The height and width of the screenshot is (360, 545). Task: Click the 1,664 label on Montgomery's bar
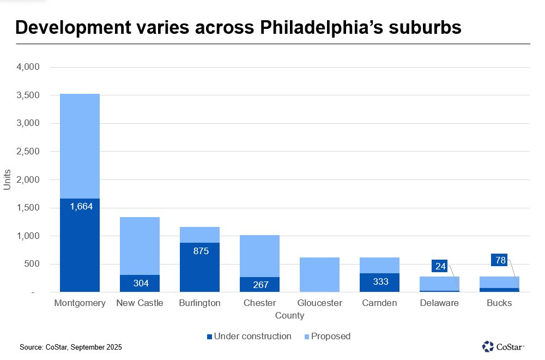[80, 207]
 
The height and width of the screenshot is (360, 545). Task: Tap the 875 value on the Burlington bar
[199, 251]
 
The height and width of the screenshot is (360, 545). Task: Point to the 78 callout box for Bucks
[500, 260]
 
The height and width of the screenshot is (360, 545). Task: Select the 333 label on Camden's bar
[380, 281]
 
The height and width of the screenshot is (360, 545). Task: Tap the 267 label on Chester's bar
[260, 284]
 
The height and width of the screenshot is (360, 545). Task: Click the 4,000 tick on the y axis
[29, 67]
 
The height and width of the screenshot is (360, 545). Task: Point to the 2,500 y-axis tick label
[29, 152]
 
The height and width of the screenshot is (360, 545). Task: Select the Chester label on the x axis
[260, 303]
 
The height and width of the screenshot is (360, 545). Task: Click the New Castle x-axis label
[140, 303]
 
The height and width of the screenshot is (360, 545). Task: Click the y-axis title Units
[7, 180]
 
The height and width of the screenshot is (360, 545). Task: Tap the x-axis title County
[289, 316]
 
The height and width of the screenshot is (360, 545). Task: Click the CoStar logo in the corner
[502, 346]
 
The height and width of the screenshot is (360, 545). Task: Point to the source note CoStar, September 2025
[71, 347]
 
